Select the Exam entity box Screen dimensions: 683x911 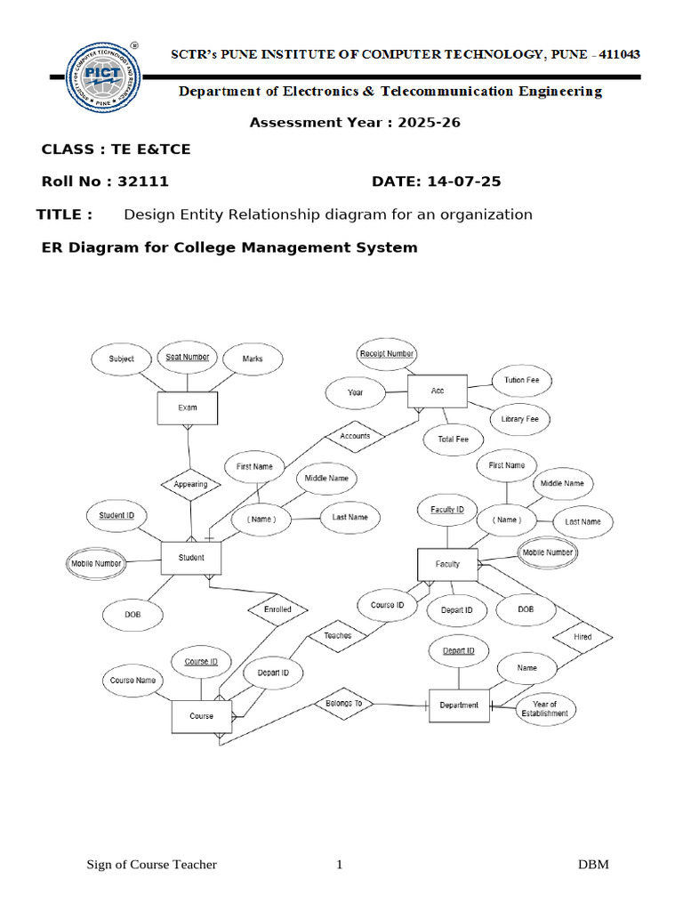(188, 407)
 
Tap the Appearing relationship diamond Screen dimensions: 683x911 (190, 484)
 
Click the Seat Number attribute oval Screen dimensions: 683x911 (188, 358)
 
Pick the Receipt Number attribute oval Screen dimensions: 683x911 (387, 353)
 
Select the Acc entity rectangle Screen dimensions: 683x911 (438, 391)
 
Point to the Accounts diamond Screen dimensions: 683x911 (355, 436)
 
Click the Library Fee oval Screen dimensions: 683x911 (519, 419)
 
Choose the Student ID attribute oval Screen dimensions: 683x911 (117, 515)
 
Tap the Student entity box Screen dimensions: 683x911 (191, 558)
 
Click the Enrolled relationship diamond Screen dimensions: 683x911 (277, 609)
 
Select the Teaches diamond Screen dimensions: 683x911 (337, 635)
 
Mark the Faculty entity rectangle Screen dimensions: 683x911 (447, 564)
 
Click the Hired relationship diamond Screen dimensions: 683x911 (583, 637)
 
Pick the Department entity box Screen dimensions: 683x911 (459, 705)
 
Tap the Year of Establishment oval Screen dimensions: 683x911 (544, 709)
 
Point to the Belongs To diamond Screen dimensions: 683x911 (342, 703)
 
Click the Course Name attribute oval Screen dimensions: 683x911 (133, 681)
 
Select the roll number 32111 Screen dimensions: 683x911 (143, 181)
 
